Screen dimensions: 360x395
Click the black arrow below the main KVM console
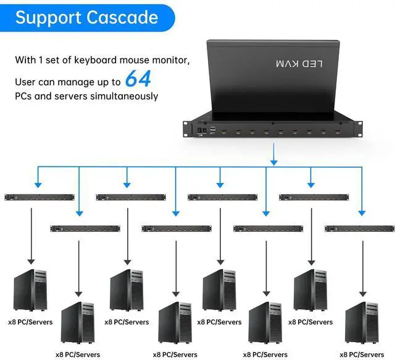tap(272, 154)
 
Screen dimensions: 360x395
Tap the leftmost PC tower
tap(30, 290)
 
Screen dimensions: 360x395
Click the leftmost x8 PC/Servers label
tap(30, 322)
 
